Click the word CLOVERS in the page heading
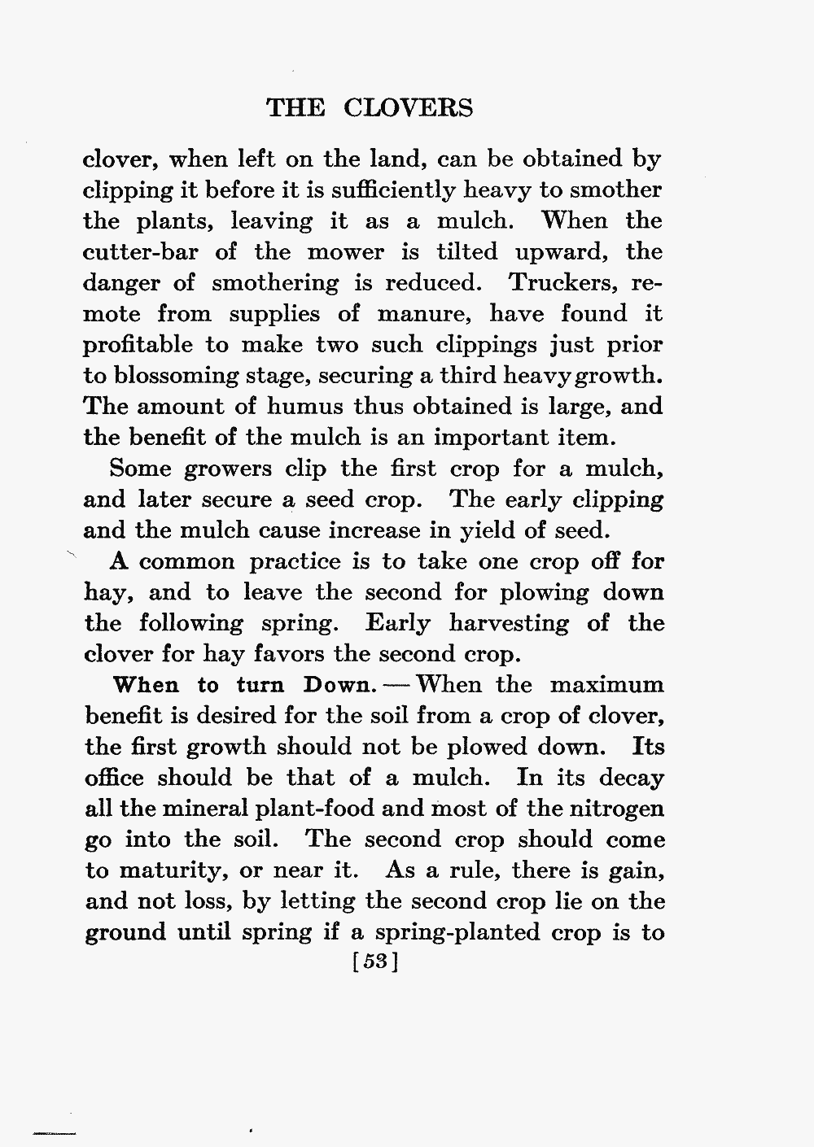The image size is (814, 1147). [x=408, y=108]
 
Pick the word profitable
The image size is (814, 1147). [x=137, y=345]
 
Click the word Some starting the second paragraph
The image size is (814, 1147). [x=138, y=469]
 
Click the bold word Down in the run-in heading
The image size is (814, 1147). [x=335, y=684]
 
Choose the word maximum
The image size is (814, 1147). [x=606, y=685]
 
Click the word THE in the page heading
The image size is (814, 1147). [x=295, y=108]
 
